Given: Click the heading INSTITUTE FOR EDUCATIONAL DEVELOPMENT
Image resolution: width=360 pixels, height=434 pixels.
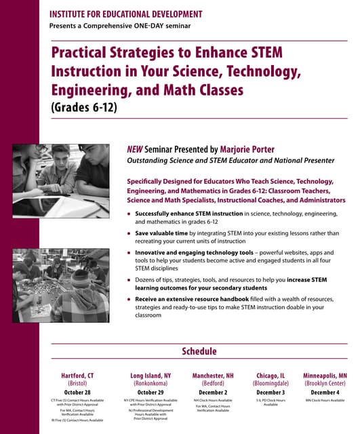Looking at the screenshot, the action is pos(125,14).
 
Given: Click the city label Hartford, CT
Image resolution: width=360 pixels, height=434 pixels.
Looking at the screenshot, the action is pos(77,375).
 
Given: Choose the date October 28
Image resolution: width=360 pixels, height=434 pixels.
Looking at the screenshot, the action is pos(77,392).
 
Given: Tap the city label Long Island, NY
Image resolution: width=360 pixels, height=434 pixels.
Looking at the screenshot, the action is pos(151,375).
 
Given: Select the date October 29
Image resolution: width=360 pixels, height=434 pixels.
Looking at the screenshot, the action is pos(151,392).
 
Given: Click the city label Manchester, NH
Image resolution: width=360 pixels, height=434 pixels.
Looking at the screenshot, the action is pos(214,375).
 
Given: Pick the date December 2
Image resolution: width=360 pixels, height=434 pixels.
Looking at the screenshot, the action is pos(214,392).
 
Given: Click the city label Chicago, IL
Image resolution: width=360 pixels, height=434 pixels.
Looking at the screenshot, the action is pos(271,375).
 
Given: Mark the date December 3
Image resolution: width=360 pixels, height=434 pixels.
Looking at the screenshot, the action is pos(271,392).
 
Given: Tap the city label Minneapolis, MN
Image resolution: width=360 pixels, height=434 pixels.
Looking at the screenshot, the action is pos(325,375).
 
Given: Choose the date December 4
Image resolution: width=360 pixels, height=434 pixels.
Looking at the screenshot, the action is pos(325,392).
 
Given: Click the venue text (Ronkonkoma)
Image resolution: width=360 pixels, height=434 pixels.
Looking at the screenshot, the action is pos(151,383).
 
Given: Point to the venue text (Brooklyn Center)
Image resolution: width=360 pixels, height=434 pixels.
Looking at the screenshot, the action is pos(325,383).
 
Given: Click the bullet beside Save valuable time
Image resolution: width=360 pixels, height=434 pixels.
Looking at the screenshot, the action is pos(129,233).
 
